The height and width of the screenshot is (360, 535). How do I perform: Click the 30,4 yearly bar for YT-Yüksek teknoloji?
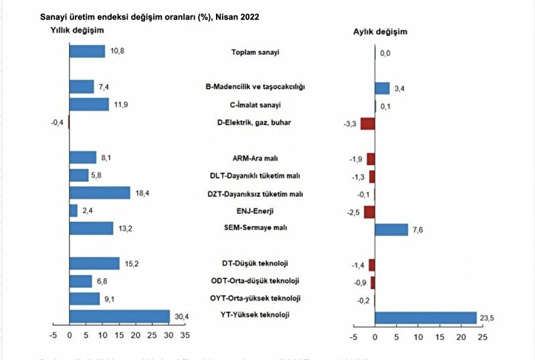(120, 316)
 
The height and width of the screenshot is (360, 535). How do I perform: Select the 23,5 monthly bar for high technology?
(425, 317)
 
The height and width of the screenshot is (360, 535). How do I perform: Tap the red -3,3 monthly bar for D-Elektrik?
(367, 123)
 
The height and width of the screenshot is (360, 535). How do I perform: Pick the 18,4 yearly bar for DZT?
(100, 193)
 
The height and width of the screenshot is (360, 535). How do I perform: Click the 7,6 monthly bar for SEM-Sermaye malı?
(391, 230)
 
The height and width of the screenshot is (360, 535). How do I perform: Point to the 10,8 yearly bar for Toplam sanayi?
(87, 52)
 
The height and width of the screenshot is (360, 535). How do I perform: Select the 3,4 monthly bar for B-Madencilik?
(382, 88)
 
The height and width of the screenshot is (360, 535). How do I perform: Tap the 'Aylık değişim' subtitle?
(380, 31)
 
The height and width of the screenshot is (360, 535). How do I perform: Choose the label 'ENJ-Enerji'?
(255, 211)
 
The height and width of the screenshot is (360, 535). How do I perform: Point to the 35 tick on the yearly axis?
(185, 335)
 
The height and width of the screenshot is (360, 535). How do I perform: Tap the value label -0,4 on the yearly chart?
(58, 122)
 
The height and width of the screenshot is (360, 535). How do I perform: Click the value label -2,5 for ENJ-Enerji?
(352, 212)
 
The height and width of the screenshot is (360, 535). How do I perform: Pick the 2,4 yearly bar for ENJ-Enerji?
(74, 211)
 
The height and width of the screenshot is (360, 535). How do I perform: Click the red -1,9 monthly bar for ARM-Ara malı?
(370, 159)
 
